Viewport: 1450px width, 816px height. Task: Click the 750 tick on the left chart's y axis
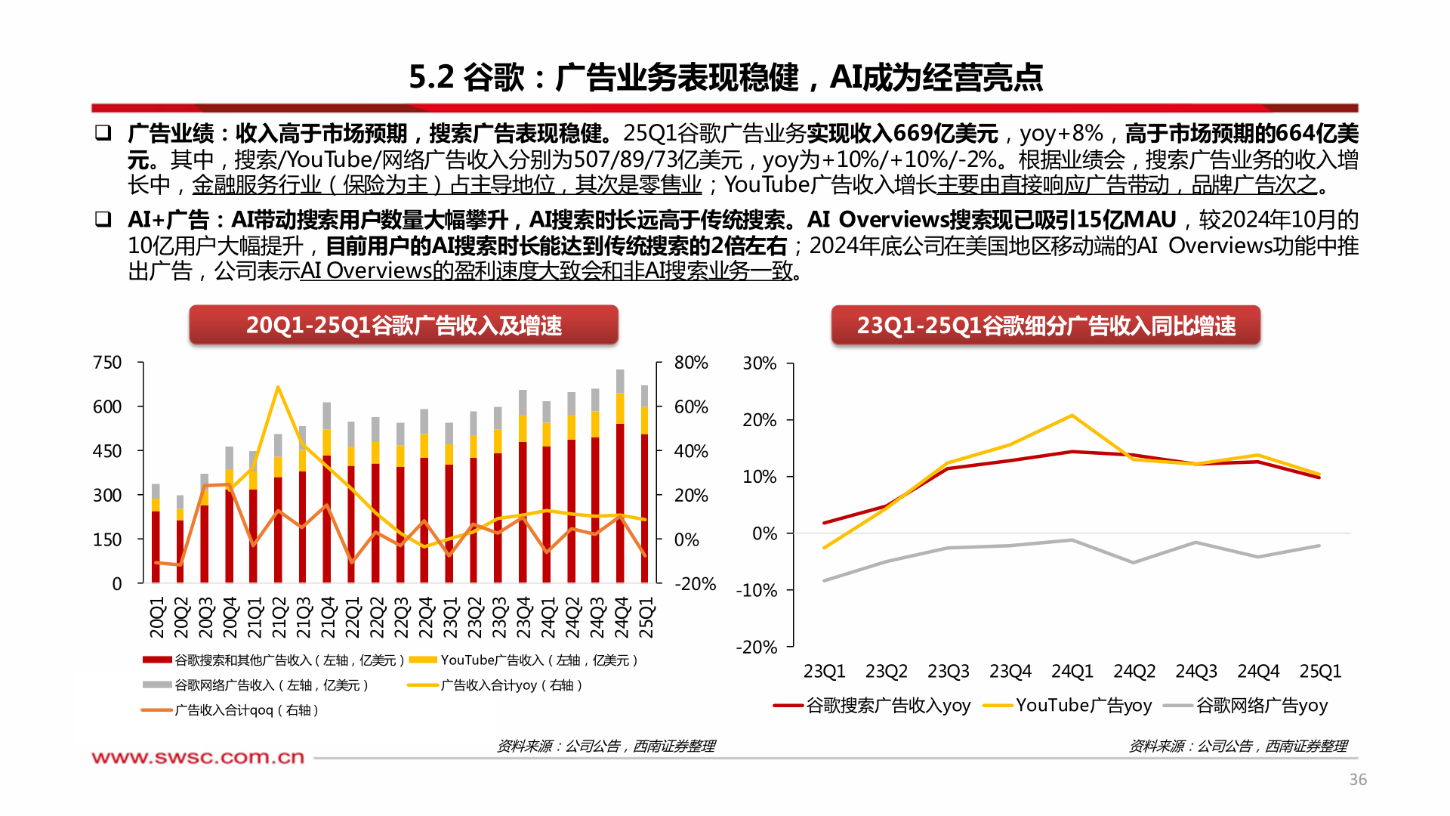point(106,363)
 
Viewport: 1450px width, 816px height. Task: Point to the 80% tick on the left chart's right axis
point(690,363)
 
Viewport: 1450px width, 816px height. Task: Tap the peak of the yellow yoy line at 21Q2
point(278,388)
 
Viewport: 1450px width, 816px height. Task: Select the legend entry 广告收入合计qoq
point(230,710)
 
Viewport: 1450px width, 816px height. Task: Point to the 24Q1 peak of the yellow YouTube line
point(1072,416)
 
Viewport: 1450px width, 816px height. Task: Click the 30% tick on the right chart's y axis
point(759,363)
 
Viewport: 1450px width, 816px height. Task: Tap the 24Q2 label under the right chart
point(1134,671)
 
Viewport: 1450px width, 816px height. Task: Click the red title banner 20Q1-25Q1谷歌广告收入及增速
point(403,326)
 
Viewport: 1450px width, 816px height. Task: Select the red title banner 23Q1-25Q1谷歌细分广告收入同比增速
point(1045,326)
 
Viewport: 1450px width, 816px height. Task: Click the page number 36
point(1357,780)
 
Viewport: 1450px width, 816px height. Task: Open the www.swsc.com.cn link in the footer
point(198,757)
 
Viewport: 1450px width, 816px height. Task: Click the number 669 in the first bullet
point(912,134)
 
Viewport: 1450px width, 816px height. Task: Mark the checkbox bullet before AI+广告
point(103,220)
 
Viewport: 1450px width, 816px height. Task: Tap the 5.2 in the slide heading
point(430,77)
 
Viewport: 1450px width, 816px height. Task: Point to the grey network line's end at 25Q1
point(1319,546)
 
